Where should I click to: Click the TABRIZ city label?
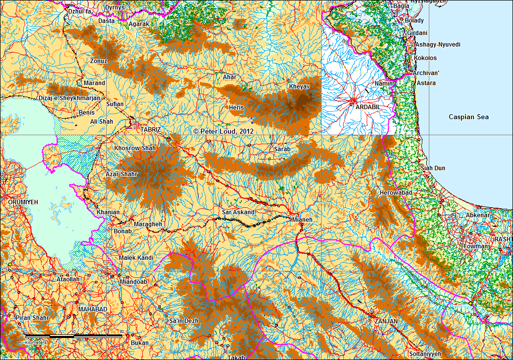151,129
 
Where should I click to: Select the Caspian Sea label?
468,117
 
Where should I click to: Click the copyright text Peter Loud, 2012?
223,131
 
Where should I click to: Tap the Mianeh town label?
302,219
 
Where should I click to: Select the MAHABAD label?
93,309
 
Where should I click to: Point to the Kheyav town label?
300,87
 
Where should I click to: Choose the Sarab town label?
282,149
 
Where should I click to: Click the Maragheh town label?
148,224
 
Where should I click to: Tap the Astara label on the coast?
426,83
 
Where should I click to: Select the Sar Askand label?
238,212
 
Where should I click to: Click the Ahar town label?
229,77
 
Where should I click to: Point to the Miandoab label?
134,281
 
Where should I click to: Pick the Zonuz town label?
98,61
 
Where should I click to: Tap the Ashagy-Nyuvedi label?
437,45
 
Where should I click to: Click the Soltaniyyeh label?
425,353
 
